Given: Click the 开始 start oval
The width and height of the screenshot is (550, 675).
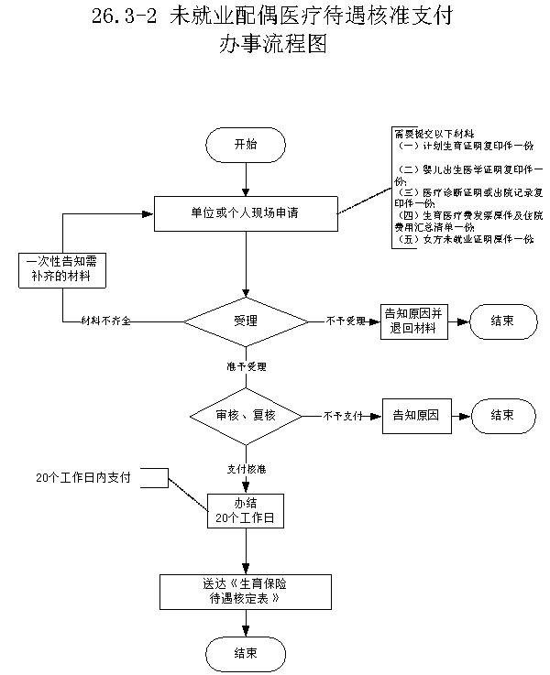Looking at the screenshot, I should coord(246,145).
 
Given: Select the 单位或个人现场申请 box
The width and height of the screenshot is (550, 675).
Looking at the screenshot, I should coord(246,213).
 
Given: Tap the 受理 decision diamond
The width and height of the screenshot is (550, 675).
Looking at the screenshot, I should coord(246,321).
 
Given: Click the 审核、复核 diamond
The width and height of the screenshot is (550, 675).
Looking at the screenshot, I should coord(246,415).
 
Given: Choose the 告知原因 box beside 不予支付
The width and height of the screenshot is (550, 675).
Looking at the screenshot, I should coord(416,415).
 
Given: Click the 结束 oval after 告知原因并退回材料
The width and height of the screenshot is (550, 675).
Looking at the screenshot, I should coord(502,321).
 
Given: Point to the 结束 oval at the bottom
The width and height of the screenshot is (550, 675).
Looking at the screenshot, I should coord(246,653).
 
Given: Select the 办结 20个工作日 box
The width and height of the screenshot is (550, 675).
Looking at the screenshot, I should coord(246,510).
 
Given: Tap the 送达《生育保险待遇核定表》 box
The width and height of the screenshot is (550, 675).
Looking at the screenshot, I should coord(246,591).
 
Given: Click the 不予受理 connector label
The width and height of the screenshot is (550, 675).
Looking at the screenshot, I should coord(346,321).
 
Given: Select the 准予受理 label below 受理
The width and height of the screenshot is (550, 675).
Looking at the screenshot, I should coord(247,366).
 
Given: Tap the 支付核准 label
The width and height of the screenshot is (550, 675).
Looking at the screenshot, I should coord(247,468).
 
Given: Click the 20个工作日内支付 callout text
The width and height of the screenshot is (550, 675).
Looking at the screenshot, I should coord(83,478).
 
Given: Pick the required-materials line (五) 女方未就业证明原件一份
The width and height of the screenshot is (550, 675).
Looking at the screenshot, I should coord(463,239).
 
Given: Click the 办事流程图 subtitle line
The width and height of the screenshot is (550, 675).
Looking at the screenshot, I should coord(272,45).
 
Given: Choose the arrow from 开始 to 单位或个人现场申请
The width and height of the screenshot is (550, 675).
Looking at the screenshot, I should coord(246,180).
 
